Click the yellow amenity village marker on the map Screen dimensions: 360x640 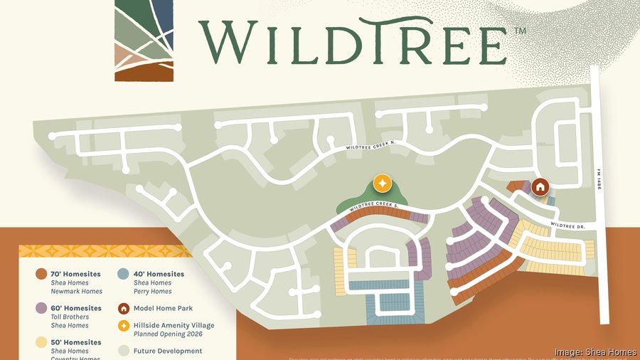click(x=382, y=183)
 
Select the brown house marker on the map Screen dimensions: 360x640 click(x=540, y=187)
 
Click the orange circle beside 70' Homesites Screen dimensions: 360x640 click(x=41, y=274)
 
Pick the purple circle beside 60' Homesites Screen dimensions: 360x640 click(x=41, y=308)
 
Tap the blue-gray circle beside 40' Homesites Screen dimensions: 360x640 click(x=123, y=274)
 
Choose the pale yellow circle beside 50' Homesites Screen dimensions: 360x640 click(x=41, y=342)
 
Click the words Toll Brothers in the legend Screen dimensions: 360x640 click(x=70, y=317)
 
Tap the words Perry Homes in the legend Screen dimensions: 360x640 click(x=153, y=291)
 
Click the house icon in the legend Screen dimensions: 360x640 click(x=123, y=308)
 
